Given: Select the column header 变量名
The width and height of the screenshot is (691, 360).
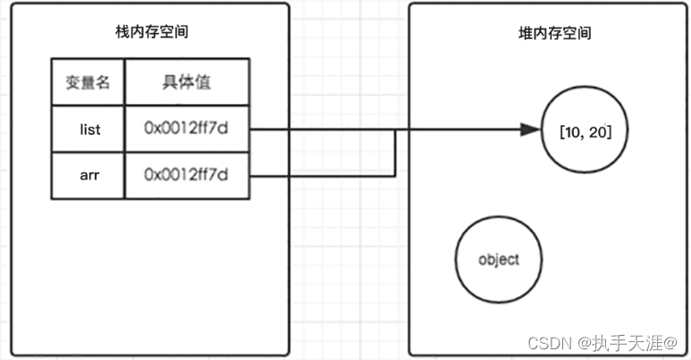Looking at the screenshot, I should click(87, 82).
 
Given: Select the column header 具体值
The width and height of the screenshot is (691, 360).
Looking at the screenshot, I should click(185, 82).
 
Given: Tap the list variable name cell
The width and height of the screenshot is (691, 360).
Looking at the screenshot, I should click(87, 130).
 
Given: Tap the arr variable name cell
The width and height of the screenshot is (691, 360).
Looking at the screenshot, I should click(87, 175).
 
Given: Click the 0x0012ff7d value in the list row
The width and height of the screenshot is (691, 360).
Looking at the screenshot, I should click(185, 130).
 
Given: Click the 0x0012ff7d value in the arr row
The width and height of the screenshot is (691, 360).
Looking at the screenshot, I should click(185, 175).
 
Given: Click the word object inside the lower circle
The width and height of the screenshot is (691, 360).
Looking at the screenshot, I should click(499, 260).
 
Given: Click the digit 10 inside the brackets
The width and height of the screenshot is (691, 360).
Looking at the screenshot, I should click(572, 132).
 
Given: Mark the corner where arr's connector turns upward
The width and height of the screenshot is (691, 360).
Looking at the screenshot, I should click(395, 175).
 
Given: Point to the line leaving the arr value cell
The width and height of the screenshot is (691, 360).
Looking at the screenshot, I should click(322, 175).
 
